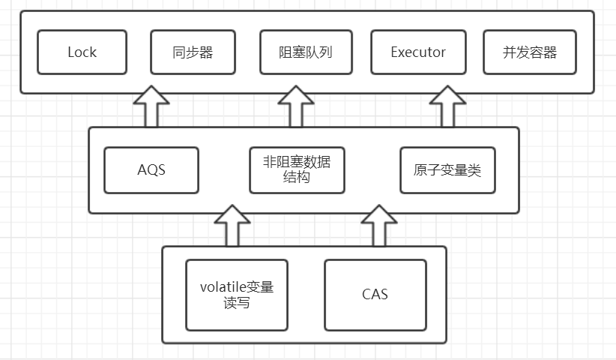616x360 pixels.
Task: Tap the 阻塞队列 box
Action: (x=307, y=52)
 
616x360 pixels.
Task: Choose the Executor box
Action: (x=418, y=52)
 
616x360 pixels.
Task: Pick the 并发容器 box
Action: (x=530, y=52)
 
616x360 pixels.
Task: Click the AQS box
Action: (x=151, y=169)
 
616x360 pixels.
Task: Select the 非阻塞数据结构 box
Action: (x=298, y=169)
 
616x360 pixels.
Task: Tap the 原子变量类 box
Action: (x=447, y=169)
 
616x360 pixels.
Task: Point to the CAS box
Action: (x=375, y=295)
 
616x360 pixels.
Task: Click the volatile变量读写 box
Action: (x=237, y=295)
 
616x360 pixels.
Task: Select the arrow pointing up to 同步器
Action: (x=151, y=106)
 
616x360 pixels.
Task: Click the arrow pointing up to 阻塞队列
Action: (x=296, y=106)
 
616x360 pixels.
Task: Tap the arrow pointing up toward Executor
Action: (x=449, y=106)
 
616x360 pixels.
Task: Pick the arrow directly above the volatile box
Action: (x=232, y=226)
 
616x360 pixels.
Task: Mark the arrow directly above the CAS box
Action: (x=379, y=226)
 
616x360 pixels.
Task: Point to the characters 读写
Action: (x=237, y=304)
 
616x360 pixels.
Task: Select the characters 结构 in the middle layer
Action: (x=298, y=178)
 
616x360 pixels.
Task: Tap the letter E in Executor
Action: (x=394, y=52)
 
